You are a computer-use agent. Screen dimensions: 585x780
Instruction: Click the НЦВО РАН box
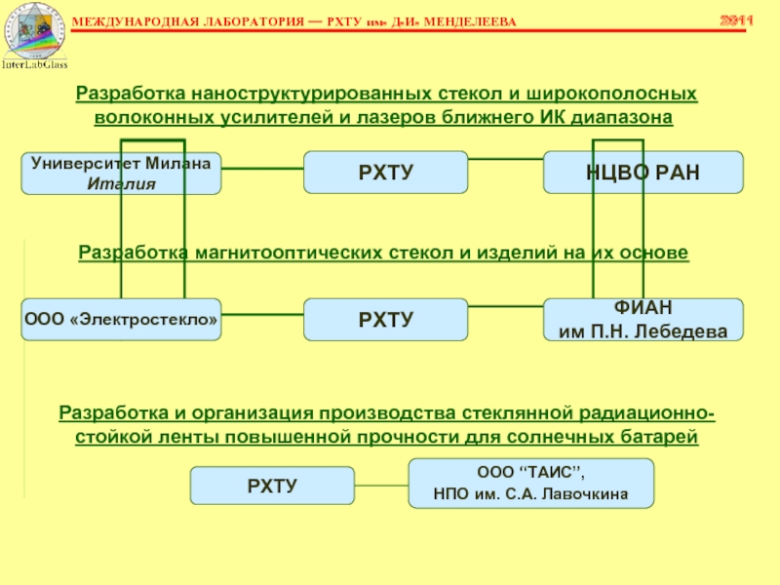[x=643, y=172]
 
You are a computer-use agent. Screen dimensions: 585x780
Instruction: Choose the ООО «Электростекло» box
[x=121, y=319]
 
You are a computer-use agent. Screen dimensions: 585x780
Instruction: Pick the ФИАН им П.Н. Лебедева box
[x=643, y=319]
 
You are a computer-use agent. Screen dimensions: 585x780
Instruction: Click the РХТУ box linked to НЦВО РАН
[x=385, y=172]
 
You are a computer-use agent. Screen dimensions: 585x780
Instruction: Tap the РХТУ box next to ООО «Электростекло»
[x=385, y=319]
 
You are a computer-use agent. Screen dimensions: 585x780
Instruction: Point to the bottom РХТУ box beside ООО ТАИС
[x=271, y=485]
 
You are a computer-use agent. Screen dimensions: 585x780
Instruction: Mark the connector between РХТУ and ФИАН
[x=505, y=313]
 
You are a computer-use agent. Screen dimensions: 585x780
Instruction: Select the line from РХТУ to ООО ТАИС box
[x=380, y=482]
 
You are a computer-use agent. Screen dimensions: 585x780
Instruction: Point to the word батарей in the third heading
[x=665, y=436]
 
